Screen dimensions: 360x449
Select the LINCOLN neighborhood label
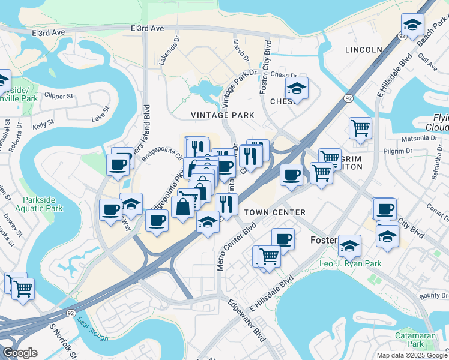pos(363,50)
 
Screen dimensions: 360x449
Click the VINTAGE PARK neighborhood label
pos(222,115)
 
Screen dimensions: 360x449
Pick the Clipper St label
pos(61,95)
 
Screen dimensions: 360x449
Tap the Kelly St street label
pos(43,124)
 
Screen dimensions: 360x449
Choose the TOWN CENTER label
pos(275,213)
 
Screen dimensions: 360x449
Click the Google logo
pos(20,352)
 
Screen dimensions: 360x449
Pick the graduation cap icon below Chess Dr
pos(297,88)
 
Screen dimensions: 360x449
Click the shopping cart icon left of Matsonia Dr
pos(360,127)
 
